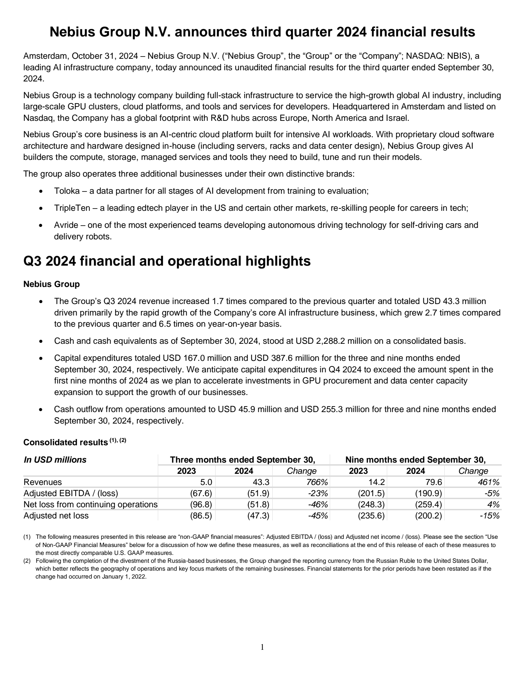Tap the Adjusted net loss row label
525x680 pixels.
pyautogui.click(x=56, y=515)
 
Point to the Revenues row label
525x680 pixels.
pyautogui.click(x=43, y=482)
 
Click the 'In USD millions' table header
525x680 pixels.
pyautogui.click(x=55, y=460)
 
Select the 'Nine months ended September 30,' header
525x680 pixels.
pyautogui.click(x=415, y=460)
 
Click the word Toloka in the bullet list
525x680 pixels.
pyautogui.click(x=67, y=191)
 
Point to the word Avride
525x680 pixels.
pyautogui.click(x=66, y=225)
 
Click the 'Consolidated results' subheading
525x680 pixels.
pyautogui.click(x=66, y=443)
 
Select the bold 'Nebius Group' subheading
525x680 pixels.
pyautogui.click(x=52, y=284)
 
